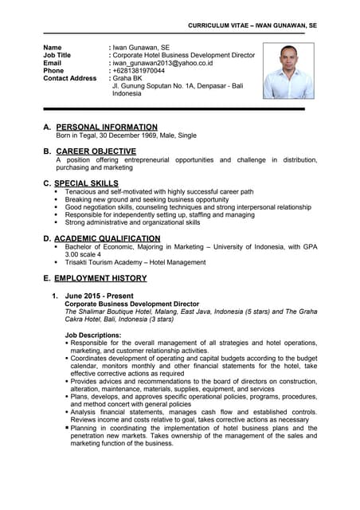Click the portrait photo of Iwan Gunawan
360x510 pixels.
[x=288, y=70]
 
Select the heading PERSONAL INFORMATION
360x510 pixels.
[x=107, y=127]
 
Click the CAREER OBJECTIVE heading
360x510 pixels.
[x=96, y=151]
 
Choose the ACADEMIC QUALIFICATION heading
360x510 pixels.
[x=108, y=238]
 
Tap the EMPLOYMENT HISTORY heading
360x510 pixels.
[x=100, y=278]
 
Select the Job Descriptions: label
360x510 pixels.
[x=93, y=335]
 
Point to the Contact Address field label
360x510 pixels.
[x=69, y=78]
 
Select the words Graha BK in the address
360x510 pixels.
[x=127, y=78]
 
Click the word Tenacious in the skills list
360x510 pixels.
[x=82, y=192]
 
